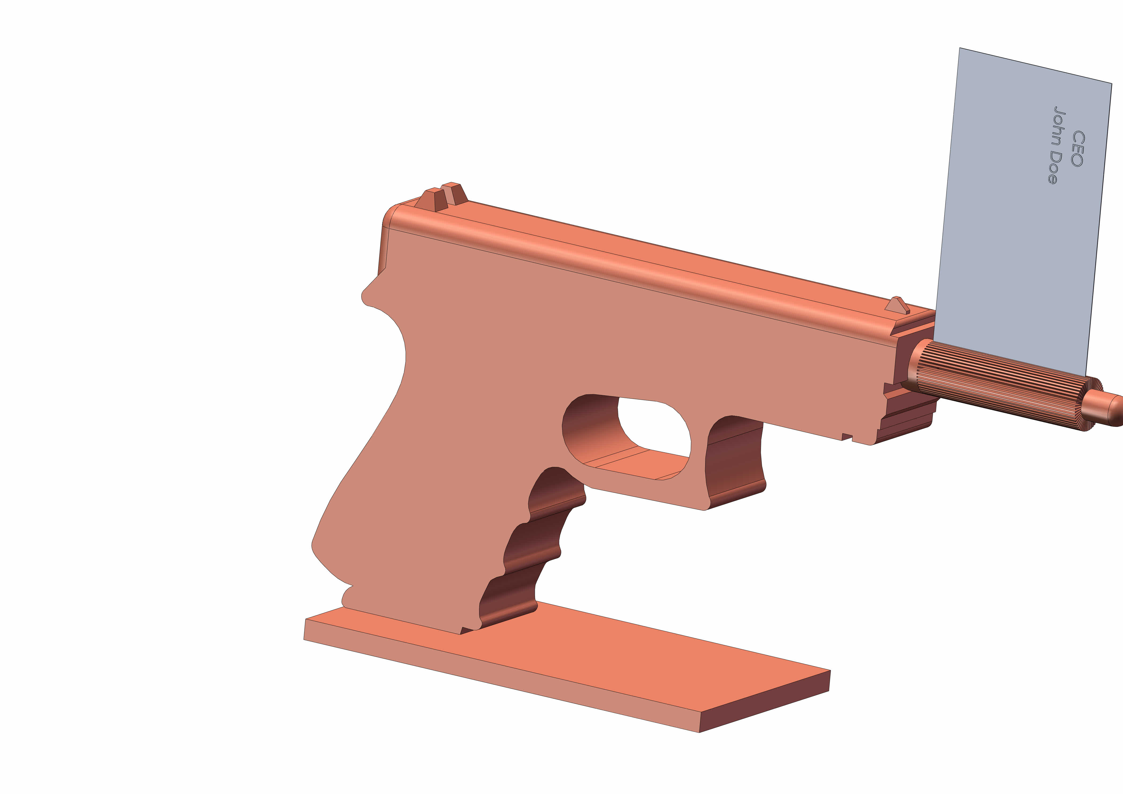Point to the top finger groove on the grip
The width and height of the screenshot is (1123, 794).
(x=555, y=492)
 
